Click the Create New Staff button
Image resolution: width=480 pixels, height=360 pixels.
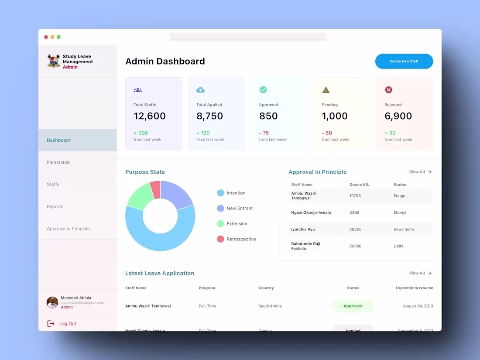(404, 62)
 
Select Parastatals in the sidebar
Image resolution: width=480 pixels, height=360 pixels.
(58, 162)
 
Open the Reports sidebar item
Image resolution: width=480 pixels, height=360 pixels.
(55, 207)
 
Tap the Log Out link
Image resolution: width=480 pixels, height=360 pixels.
(67, 324)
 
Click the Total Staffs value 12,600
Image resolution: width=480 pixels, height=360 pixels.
(150, 116)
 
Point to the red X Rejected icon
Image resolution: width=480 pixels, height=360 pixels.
(388, 90)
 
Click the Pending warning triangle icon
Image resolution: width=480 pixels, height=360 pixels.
(326, 90)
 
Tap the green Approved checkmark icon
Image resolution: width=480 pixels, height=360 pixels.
(263, 90)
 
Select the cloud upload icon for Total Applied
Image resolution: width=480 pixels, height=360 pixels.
(200, 90)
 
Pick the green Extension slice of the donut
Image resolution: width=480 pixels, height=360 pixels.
(140, 197)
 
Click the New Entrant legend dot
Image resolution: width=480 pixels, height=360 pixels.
(220, 209)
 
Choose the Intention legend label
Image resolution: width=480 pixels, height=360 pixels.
(236, 193)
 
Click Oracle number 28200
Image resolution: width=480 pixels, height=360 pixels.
(356, 230)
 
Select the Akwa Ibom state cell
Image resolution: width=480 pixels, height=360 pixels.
(404, 230)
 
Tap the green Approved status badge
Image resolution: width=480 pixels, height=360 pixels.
(353, 306)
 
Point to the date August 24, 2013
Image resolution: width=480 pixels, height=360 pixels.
(418, 306)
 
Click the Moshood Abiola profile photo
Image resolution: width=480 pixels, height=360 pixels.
(52, 302)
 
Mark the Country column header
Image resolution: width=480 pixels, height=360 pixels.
(266, 288)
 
